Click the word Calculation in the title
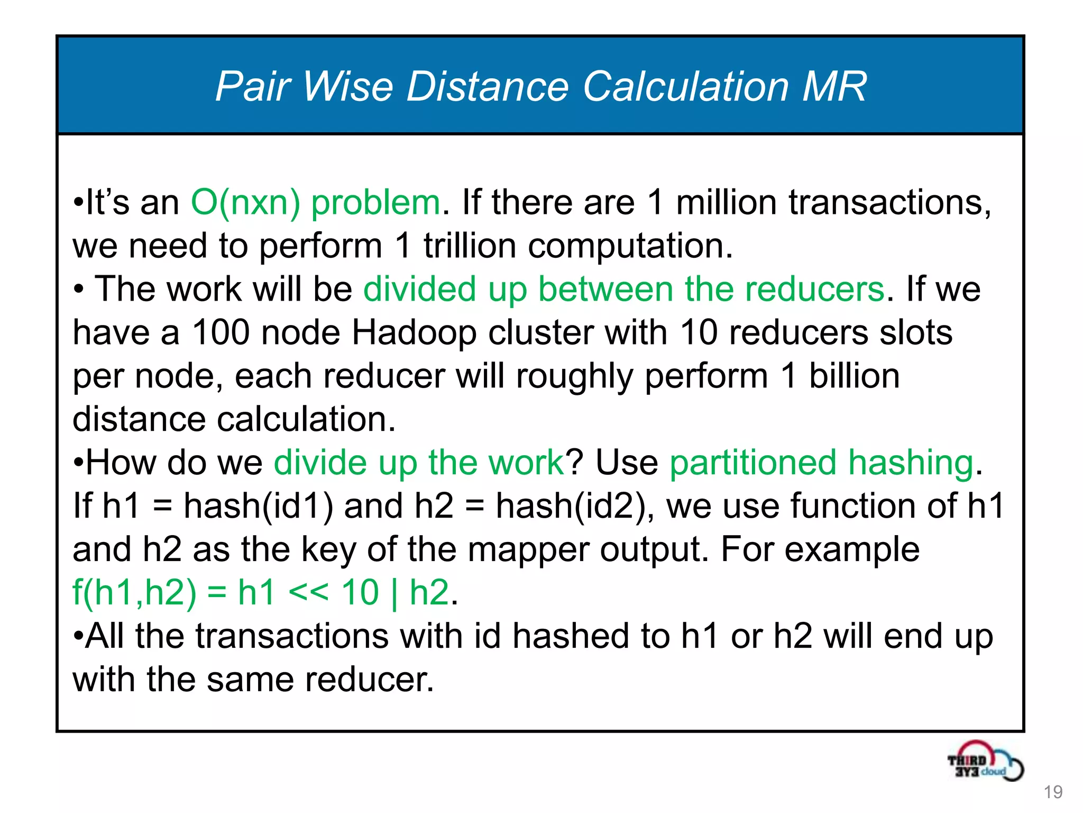[x=686, y=86]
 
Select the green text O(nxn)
[x=245, y=203]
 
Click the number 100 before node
[x=221, y=333]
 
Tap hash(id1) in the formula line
[x=258, y=506]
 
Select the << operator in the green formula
[x=308, y=592]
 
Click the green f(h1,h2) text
[x=134, y=593]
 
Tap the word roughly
[x=574, y=376]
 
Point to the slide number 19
[x=1053, y=792]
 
